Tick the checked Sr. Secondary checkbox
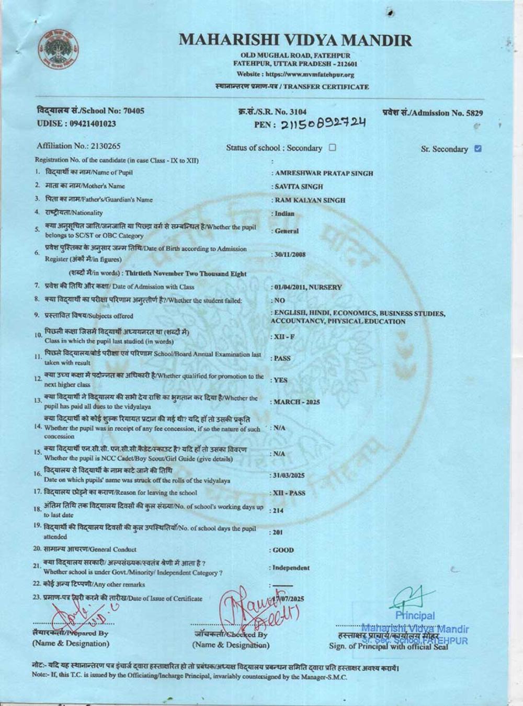477,149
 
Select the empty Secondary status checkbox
332,147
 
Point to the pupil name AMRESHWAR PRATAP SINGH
324,173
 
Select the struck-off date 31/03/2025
289,476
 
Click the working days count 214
278,510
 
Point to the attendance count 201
277,532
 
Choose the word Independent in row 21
291,567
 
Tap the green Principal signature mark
413,599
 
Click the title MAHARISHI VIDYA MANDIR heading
295,40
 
